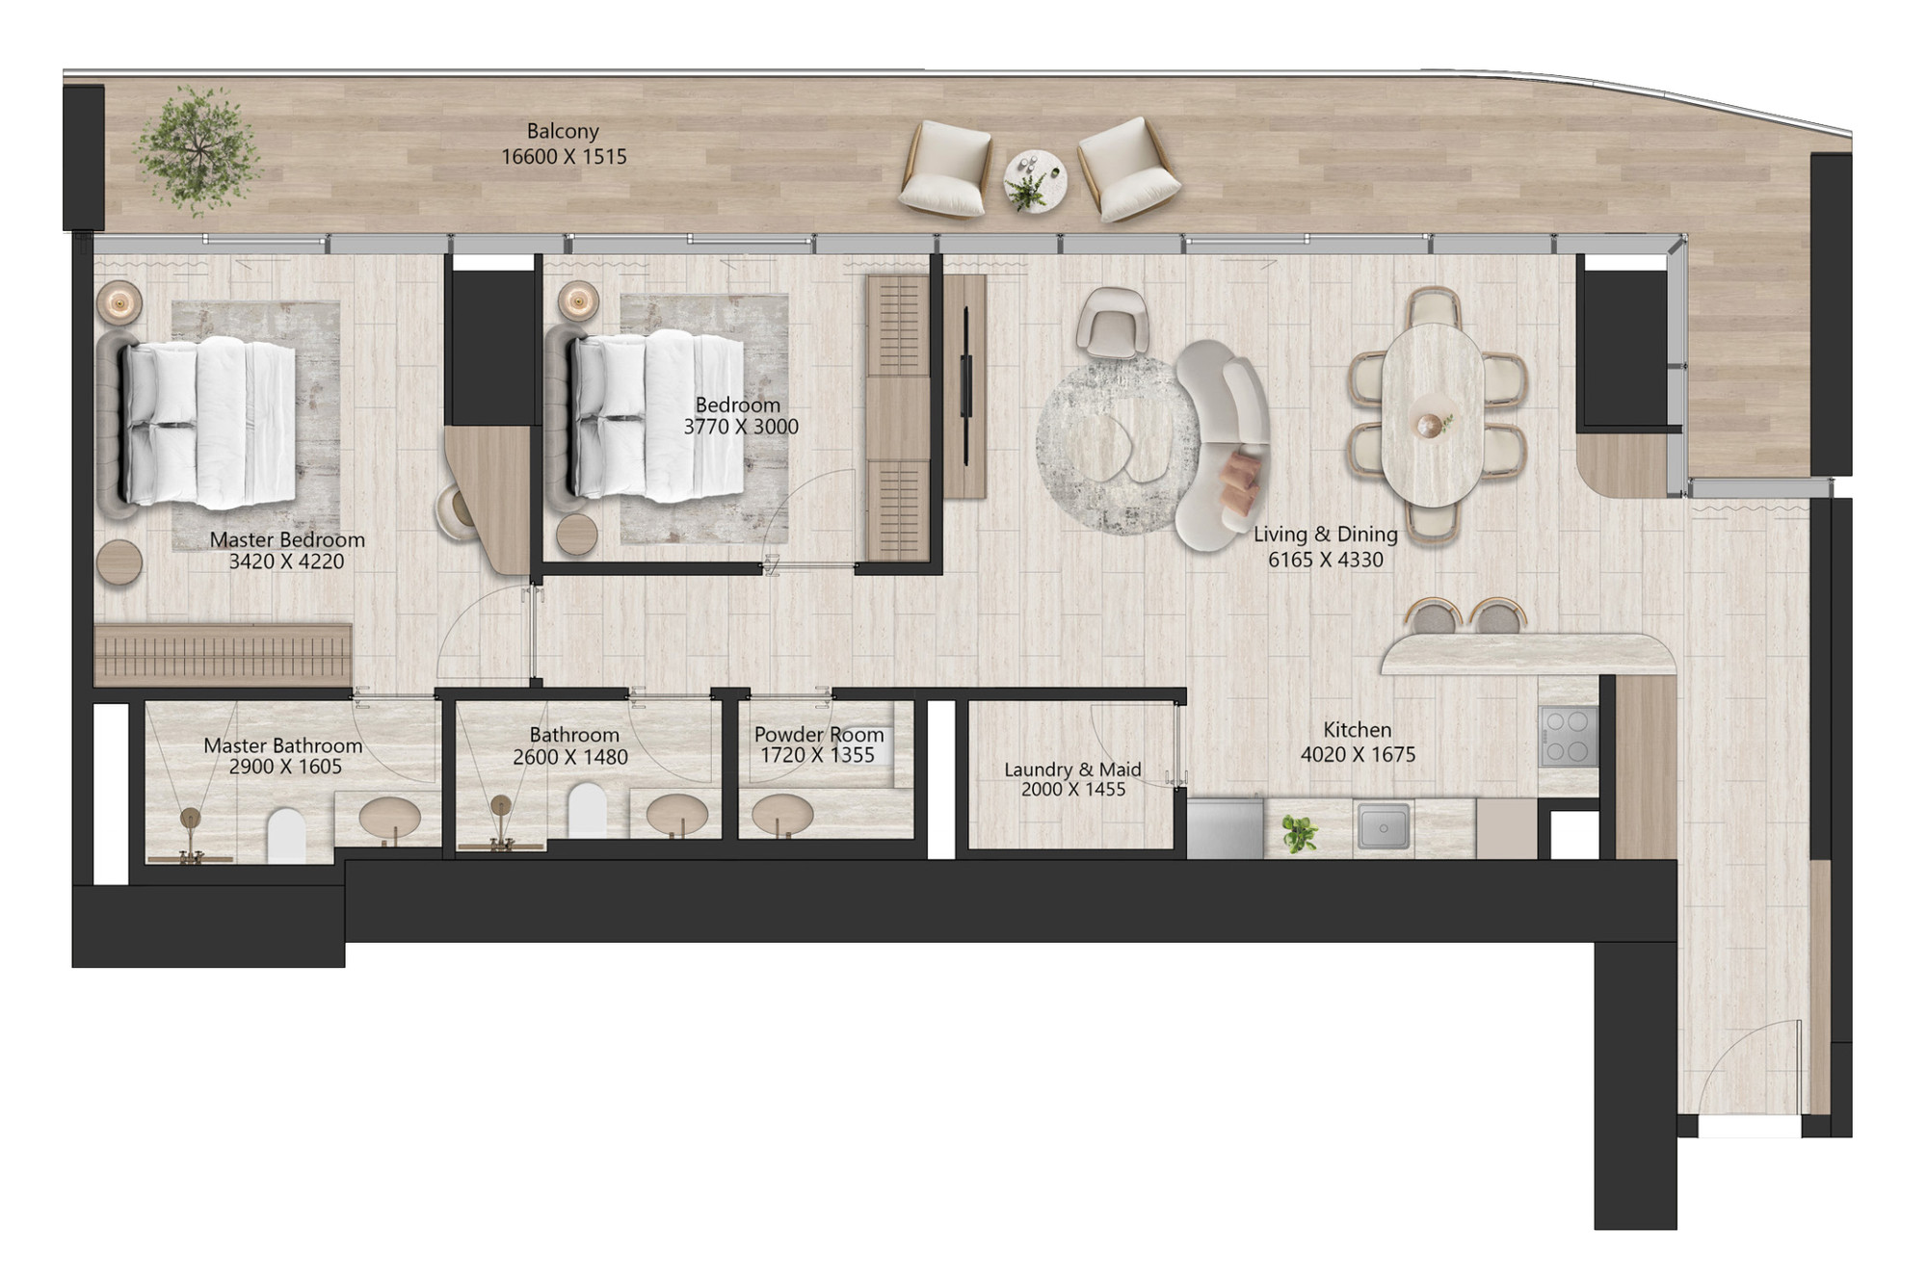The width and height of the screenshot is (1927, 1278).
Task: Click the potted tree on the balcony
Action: point(198,150)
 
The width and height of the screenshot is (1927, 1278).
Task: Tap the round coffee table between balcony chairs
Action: point(1035,180)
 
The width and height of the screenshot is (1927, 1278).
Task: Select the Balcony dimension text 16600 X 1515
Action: point(564,157)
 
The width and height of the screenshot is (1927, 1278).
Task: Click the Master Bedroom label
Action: point(287,540)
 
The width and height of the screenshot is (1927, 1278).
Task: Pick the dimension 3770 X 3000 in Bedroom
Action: point(741,428)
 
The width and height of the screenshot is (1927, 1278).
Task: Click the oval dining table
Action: point(1432,415)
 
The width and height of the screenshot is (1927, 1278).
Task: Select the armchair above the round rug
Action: point(1113,323)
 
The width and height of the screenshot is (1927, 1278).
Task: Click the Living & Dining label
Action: point(1325,535)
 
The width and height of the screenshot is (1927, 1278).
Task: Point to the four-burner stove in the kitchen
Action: point(1568,737)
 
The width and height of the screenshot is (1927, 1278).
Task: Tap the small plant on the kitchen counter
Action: point(1300,834)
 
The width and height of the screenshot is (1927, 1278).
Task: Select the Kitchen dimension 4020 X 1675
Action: point(1358,755)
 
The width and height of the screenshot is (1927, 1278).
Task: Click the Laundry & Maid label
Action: point(1072,769)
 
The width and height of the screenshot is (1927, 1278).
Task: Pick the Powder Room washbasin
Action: point(782,815)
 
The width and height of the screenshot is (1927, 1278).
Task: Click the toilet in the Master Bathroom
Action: point(286,834)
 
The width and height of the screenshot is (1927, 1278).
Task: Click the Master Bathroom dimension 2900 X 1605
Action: point(285,768)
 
